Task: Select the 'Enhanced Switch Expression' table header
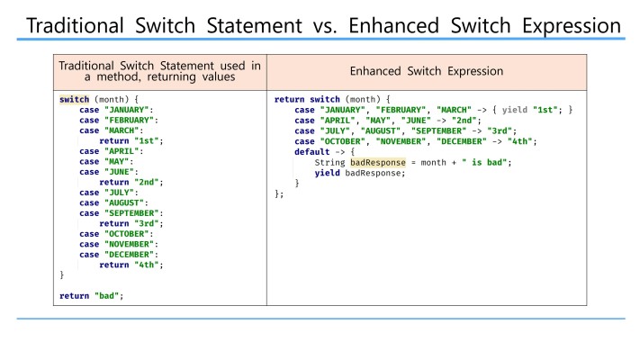426,70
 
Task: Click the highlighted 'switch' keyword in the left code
74,99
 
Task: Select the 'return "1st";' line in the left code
131,140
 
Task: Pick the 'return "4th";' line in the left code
131,265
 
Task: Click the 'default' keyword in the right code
311,151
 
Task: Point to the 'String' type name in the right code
329,162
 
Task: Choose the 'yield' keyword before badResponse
327,173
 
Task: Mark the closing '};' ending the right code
279,193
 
